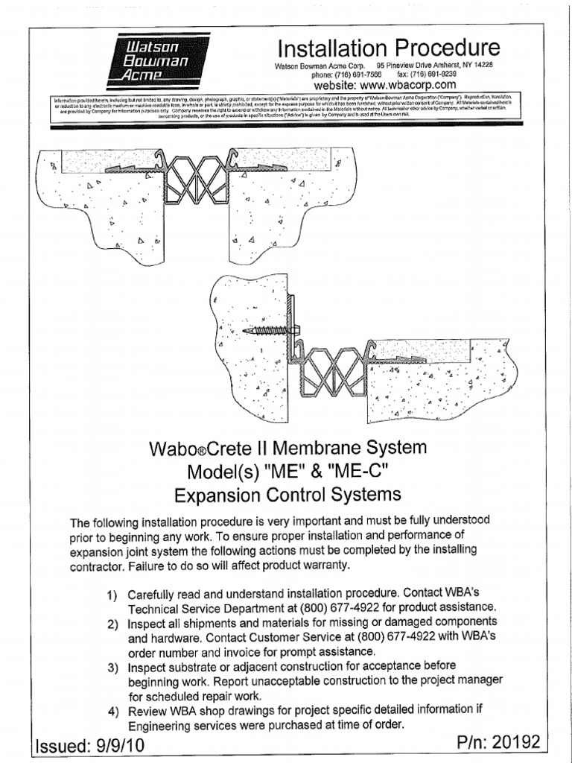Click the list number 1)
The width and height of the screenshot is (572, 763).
[x=113, y=596]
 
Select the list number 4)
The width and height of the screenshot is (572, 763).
[x=114, y=711]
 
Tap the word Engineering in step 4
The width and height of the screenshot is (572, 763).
[x=162, y=724]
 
